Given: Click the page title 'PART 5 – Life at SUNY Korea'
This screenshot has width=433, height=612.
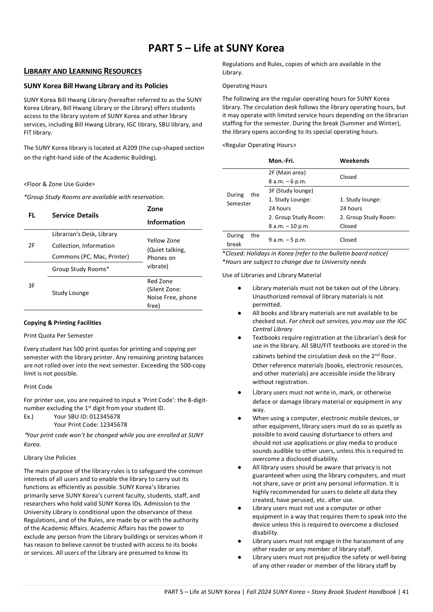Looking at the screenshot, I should click(x=216, y=48).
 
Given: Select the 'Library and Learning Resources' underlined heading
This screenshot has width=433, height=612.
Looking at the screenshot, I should click(x=83, y=71).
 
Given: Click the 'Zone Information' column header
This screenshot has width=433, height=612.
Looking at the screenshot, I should click(x=166, y=216).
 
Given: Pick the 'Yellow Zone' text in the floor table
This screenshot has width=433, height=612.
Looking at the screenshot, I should click(x=164, y=241).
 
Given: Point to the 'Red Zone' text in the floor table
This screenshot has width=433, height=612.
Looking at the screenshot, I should click(x=160, y=281).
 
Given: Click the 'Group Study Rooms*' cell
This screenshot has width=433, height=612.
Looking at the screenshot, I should click(x=81, y=269).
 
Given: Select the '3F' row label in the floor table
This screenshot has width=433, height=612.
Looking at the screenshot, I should click(x=31, y=286).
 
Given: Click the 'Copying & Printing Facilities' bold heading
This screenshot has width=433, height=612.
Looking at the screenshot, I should click(x=62, y=323).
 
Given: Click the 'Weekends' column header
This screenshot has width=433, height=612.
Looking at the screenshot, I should click(x=354, y=161).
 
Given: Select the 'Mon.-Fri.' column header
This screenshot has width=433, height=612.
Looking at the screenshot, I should click(x=281, y=161).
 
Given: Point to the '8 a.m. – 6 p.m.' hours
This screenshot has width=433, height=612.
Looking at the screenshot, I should click(x=287, y=182).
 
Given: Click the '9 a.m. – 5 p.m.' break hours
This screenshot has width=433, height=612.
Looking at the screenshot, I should click(x=287, y=240).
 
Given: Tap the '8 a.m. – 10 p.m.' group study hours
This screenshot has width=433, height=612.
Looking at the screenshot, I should click(x=289, y=226).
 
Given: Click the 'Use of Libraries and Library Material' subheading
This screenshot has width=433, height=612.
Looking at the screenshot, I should click(x=271, y=275).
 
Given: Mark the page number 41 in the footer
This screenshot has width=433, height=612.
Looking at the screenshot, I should click(x=405, y=592).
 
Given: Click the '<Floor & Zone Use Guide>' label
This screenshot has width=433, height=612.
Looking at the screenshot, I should click(x=59, y=184).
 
